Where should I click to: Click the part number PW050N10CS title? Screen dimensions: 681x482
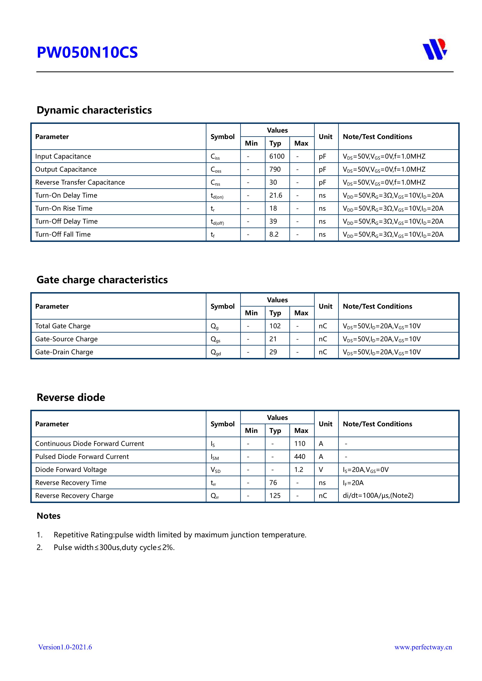[x=87, y=52]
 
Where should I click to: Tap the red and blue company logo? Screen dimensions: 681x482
[x=435, y=49]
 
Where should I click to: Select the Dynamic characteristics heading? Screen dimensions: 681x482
[x=94, y=110]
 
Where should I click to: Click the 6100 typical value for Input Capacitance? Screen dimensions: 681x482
[x=277, y=156]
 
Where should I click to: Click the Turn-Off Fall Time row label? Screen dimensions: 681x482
[x=63, y=234]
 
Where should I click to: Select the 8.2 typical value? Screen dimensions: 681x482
[x=274, y=234]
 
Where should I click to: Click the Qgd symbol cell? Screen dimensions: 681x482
[x=216, y=352]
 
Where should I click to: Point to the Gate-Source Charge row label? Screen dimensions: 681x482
[x=66, y=339]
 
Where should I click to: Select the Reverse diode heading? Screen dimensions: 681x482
[x=71, y=397]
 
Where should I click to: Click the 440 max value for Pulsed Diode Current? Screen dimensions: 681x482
[x=300, y=456]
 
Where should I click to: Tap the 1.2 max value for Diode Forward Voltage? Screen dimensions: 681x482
[x=299, y=470]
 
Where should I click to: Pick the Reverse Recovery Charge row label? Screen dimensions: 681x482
[x=74, y=496]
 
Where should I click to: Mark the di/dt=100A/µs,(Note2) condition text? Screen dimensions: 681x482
[x=378, y=495]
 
